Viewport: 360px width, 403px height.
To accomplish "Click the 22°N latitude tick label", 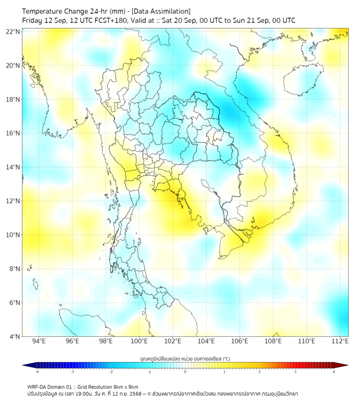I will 13,32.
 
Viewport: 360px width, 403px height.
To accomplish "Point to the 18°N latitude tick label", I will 13,100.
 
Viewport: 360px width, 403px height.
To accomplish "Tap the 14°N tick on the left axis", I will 13,167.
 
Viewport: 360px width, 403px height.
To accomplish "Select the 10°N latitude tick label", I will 13,235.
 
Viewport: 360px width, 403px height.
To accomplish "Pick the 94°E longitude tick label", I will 39,341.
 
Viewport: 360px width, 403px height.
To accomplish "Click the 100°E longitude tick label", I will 140,341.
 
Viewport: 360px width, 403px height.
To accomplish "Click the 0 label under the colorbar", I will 185,372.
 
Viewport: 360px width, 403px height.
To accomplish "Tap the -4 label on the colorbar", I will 36,372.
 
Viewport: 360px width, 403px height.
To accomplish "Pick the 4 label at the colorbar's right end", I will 334,372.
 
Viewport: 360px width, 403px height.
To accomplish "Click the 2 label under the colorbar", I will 259,372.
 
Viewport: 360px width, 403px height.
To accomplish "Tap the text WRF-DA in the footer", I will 37,386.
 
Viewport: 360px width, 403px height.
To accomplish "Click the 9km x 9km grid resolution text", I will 125,386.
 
